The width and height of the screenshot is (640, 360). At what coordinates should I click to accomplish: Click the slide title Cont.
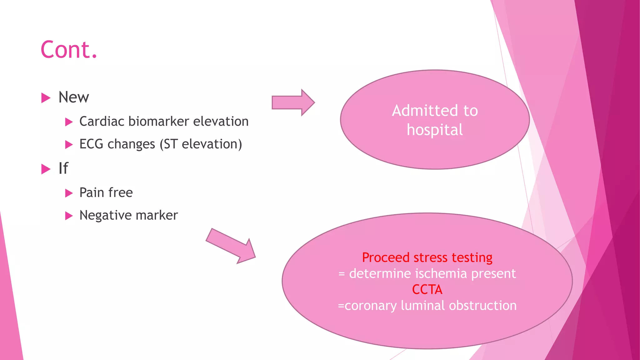click(x=69, y=50)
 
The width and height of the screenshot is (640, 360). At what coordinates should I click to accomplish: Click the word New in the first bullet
click(x=74, y=97)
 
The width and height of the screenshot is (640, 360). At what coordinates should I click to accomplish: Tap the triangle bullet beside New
click(x=46, y=98)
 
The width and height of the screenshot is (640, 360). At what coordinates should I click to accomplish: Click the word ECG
click(x=91, y=144)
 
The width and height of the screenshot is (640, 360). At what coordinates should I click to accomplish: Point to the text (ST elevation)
click(x=201, y=144)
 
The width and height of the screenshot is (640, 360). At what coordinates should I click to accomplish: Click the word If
click(x=63, y=168)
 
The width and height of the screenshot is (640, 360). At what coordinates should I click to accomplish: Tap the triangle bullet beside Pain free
click(x=69, y=193)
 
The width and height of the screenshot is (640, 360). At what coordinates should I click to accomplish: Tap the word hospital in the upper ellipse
click(x=435, y=130)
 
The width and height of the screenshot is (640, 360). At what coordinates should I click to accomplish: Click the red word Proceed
click(x=386, y=257)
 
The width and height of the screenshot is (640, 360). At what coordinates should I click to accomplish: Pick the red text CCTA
click(x=427, y=290)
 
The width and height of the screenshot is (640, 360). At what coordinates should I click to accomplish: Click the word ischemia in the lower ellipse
click(x=441, y=273)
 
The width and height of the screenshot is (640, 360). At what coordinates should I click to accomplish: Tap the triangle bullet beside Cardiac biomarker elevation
click(x=69, y=122)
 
